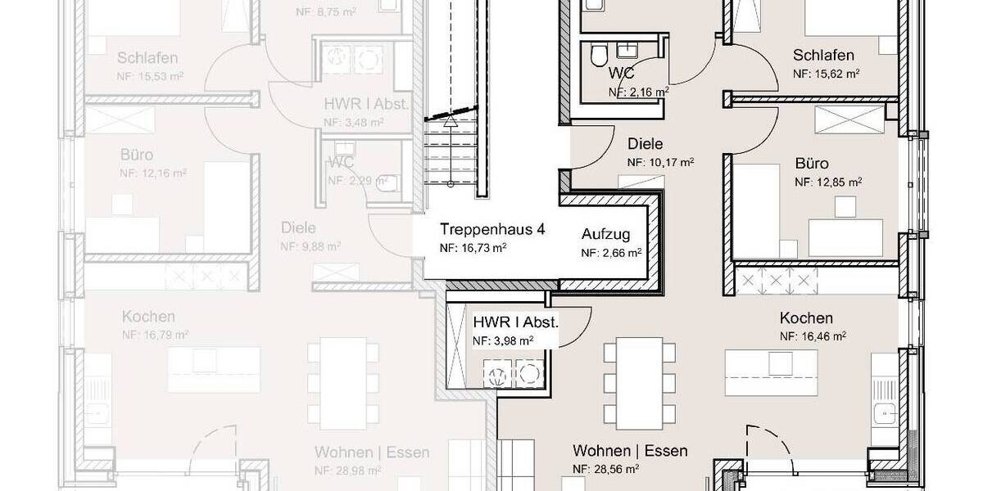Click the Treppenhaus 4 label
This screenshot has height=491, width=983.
pyautogui.click(x=491, y=229)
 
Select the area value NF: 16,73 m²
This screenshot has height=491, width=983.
pyautogui.click(x=473, y=247)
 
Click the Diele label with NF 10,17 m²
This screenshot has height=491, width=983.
pyautogui.click(x=644, y=144)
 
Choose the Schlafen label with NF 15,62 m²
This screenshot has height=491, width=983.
pyautogui.click(x=823, y=56)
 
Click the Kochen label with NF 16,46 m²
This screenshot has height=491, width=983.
pyautogui.click(x=806, y=318)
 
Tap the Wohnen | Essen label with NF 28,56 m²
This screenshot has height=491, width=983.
pyautogui.click(x=630, y=451)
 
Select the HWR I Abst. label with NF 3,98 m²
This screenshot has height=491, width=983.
pyautogui.click(x=515, y=322)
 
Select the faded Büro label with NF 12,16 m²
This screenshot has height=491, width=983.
pyautogui.click(x=136, y=155)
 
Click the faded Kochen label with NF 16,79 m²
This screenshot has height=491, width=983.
pyautogui.click(x=148, y=317)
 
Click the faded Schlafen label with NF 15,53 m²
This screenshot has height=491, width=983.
pyautogui.click(x=147, y=58)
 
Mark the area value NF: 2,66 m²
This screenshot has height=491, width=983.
pyautogui.click(x=610, y=254)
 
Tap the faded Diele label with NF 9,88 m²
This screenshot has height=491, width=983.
pyautogui.click(x=297, y=227)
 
